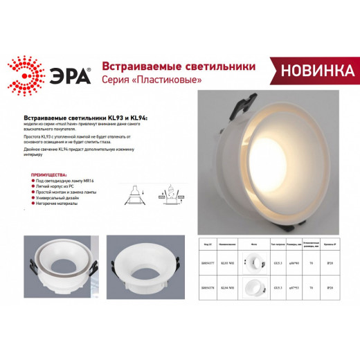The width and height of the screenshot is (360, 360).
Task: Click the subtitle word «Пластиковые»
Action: (x=171, y=80)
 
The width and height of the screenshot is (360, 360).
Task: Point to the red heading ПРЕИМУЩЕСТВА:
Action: (x=50, y=175)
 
